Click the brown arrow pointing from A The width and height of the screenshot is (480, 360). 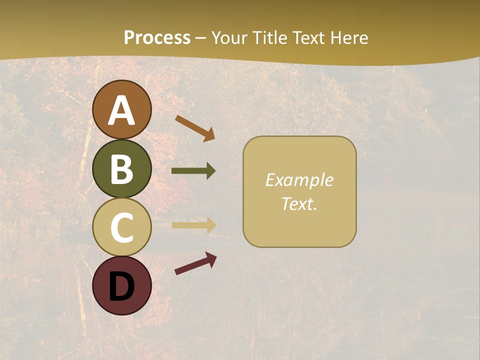194,128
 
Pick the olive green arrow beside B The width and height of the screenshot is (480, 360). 193,171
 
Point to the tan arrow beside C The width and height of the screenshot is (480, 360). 193,225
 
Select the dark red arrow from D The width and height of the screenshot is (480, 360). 195,263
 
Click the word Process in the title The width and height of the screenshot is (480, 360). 157,37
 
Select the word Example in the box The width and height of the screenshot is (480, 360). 299,180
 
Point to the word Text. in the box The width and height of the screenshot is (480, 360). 299,203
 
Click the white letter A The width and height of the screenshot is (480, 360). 121,111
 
